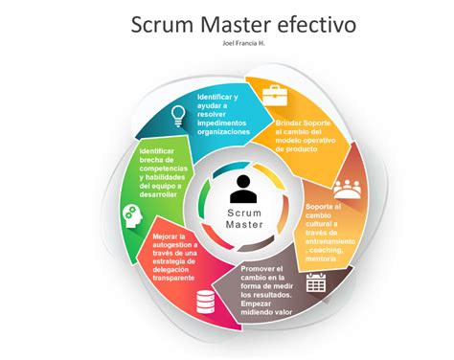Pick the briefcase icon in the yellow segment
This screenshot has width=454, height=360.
pyautogui.click(x=276, y=95)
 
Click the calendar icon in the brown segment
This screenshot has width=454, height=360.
pyautogui.click(x=316, y=283)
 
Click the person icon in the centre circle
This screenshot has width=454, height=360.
pyautogui.click(x=243, y=184)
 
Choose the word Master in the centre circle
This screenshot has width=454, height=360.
pyautogui.click(x=243, y=225)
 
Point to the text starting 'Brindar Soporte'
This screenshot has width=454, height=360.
pyautogui.click(x=302, y=123)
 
